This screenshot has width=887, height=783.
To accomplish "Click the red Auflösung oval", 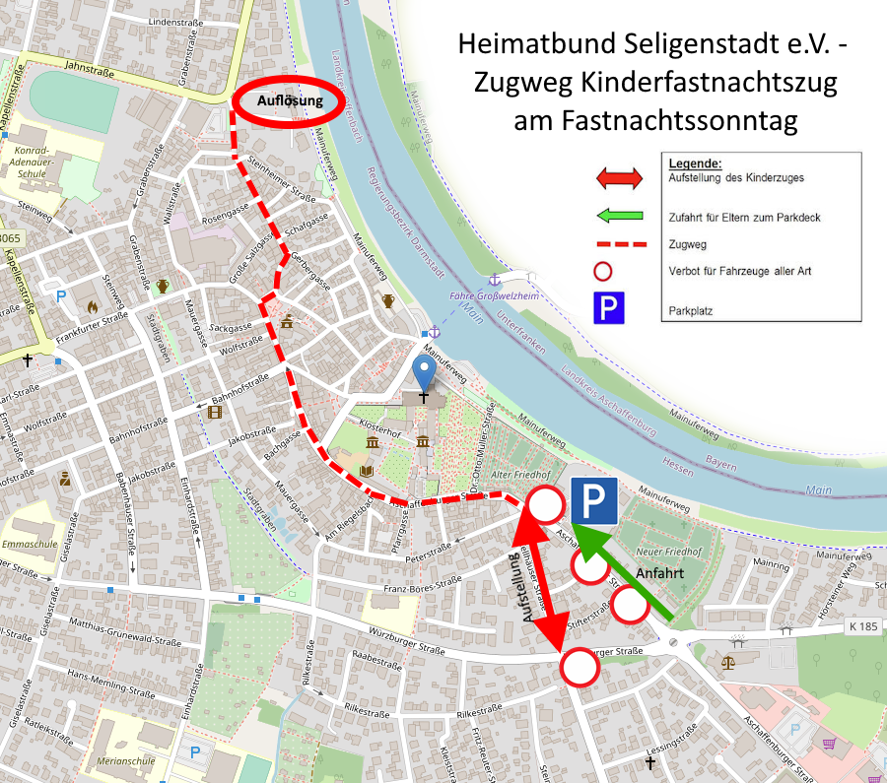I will pos(292,101).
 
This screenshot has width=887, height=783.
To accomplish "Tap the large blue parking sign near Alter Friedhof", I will pos(593,501).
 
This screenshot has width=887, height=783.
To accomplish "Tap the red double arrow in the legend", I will pos(619,178).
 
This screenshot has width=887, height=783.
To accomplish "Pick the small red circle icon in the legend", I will pos(604,271).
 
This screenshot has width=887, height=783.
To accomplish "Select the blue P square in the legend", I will pos(608,308).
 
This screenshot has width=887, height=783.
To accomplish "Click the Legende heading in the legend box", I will pos(695,163).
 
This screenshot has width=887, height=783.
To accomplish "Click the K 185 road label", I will pos(861,626).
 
